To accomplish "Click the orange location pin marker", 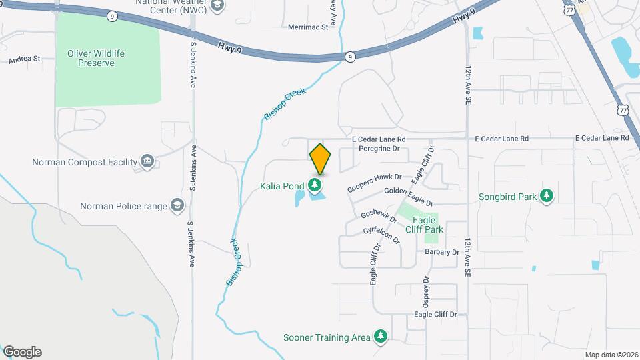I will click(320, 159).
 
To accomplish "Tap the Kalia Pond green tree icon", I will click(316, 185).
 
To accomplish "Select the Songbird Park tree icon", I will click(547, 196).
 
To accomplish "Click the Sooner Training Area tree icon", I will click(381, 337).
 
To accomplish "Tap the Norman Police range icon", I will click(177, 205).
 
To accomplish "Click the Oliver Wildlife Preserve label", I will click(96, 58).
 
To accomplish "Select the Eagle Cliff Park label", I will click(428, 225).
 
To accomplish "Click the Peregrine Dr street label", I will click(378, 149).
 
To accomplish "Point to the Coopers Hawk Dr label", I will click(375, 183).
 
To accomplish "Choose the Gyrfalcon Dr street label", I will click(381, 235).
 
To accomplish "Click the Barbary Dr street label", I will click(443, 252).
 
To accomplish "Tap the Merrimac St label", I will click(308, 27).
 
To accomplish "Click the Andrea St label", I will click(24, 59).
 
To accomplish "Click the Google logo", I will click(22, 351).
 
